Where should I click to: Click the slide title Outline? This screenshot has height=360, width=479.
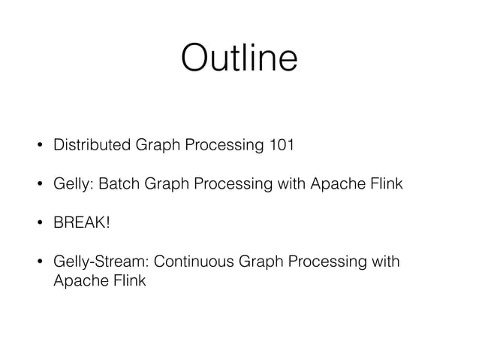coord(239,58)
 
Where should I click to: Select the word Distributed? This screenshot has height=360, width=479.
coord(92,144)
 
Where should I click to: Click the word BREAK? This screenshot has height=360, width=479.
coord(77,222)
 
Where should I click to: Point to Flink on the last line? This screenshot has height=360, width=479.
coord(127,281)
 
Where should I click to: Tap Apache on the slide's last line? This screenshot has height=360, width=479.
coord(78,282)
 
